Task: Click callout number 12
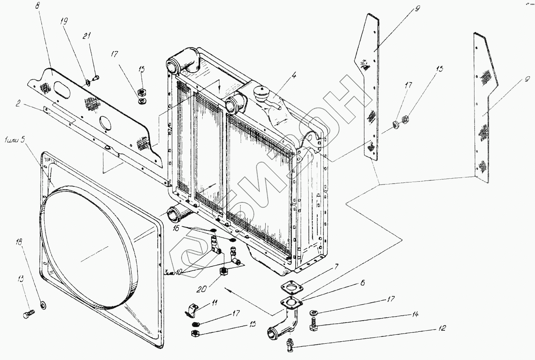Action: [x=442, y=327]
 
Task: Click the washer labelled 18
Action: [x=43, y=304]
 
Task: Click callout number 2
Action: [x=18, y=104]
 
